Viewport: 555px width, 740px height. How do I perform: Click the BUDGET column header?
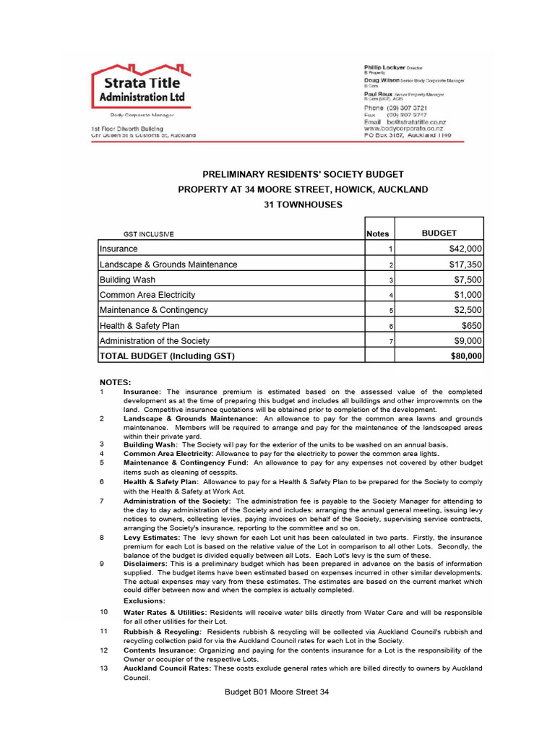(x=439, y=233)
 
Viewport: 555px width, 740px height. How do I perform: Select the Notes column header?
(x=377, y=233)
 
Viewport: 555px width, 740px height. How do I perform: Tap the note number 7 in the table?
(x=390, y=341)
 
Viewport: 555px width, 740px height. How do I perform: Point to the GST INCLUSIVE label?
(x=149, y=234)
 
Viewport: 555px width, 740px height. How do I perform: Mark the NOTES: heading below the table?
(x=115, y=382)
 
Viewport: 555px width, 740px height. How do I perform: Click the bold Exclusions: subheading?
(x=145, y=601)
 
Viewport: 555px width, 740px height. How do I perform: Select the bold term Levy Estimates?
(x=152, y=538)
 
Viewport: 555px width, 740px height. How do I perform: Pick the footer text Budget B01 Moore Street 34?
(x=277, y=692)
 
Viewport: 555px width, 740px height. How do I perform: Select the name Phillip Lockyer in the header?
(x=384, y=66)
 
